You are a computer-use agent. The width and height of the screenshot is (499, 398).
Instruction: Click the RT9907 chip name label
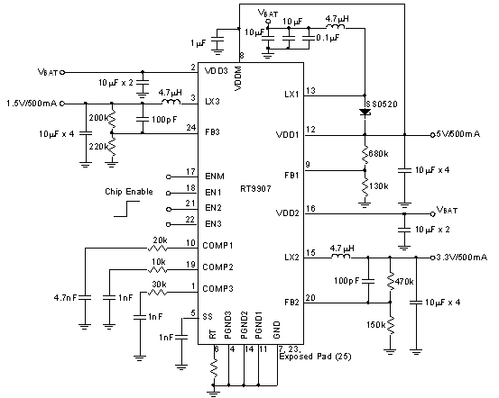[x=255, y=189]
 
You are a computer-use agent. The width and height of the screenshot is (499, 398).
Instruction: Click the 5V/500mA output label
[x=454, y=134]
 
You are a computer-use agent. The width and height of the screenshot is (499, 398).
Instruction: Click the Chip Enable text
[x=126, y=192]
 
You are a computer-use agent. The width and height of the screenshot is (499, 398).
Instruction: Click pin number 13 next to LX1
[x=310, y=90]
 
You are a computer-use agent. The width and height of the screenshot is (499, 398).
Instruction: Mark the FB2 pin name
[x=290, y=303]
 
